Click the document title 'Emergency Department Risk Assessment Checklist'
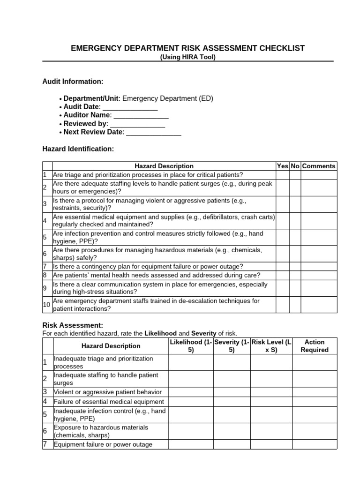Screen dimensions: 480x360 (x=187, y=48)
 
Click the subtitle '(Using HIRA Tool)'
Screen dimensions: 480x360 (x=187, y=57)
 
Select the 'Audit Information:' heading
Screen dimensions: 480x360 (x=73, y=82)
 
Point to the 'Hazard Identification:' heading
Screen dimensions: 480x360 (x=78, y=149)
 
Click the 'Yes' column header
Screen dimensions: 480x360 (x=283, y=166)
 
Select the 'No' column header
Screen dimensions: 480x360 (x=295, y=166)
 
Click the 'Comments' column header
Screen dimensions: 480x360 (x=319, y=166)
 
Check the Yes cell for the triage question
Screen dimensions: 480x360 (x=283, y=175)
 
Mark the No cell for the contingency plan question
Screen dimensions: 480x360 (x=295, y=266)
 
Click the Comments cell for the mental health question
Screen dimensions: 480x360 (x=319, y=275)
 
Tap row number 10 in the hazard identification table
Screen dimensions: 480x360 (x=47, y=305)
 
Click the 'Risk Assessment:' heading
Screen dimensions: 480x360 (x=73, y=325)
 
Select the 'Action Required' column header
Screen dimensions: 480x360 (x=315, y=346)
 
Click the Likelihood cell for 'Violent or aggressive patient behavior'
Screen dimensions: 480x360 (x=191, y=392)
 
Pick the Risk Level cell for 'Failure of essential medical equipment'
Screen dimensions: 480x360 (x=271, y=402)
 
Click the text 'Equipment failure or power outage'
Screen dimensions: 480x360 (x=103, y=444)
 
